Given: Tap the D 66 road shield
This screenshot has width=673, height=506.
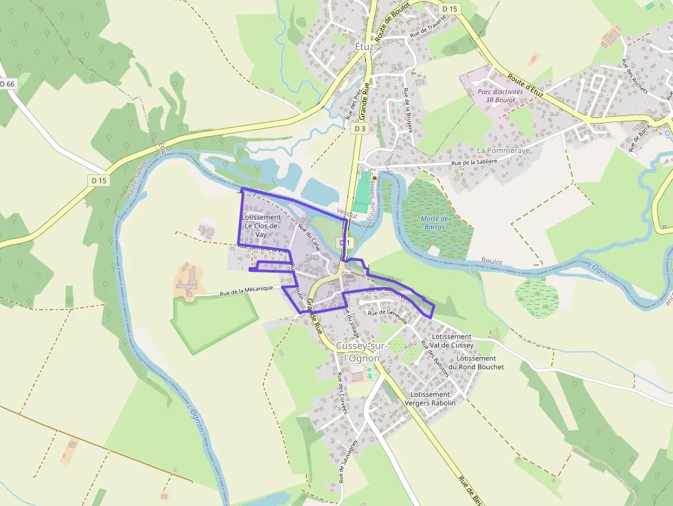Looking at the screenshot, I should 8,84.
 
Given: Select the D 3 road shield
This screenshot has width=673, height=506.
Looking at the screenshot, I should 361,128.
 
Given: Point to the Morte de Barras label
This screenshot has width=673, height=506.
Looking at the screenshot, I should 435,222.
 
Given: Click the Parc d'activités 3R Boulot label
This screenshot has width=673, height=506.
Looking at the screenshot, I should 500,95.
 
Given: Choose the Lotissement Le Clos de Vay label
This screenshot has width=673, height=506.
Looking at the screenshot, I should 262,226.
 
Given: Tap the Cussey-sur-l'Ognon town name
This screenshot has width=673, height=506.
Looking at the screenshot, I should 361,352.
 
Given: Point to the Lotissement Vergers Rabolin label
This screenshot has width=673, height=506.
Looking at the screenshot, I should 429,399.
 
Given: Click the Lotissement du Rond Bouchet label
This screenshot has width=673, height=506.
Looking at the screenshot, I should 480,363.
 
